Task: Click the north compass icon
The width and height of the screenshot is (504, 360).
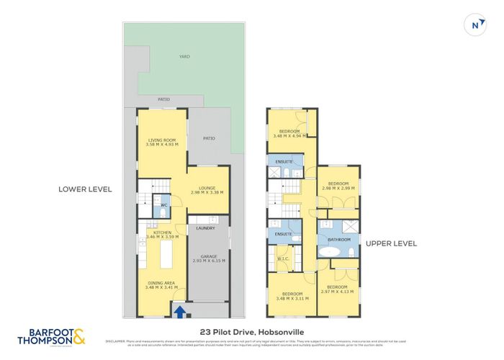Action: [x=474, y=24]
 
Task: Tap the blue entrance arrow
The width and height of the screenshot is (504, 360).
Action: [x=179, y=311]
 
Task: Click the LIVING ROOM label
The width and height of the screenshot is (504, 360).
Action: [x=163, y=140]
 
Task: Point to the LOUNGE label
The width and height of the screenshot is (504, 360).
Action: [x=207, y=188]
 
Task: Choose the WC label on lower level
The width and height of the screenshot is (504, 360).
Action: [x=164, y=205]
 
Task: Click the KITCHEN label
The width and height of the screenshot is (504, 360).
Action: [x=162, y=232]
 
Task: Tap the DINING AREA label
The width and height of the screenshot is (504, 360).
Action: [x=161, y=284]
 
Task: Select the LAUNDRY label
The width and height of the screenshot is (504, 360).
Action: [x=206, y=228]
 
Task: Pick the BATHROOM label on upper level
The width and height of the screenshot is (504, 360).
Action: [x=339, y=239]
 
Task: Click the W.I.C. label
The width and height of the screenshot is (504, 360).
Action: [x=282, y=258]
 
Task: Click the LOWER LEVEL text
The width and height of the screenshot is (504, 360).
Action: [x=86, y=189]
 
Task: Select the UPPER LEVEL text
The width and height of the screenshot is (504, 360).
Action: [x=392, y=243]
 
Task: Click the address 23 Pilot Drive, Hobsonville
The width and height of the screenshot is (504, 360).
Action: [x=252, y=332]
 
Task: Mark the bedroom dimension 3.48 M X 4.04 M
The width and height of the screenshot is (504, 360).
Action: [x=290, y=135]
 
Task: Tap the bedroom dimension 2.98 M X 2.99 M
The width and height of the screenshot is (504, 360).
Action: [x=338, y=189]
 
